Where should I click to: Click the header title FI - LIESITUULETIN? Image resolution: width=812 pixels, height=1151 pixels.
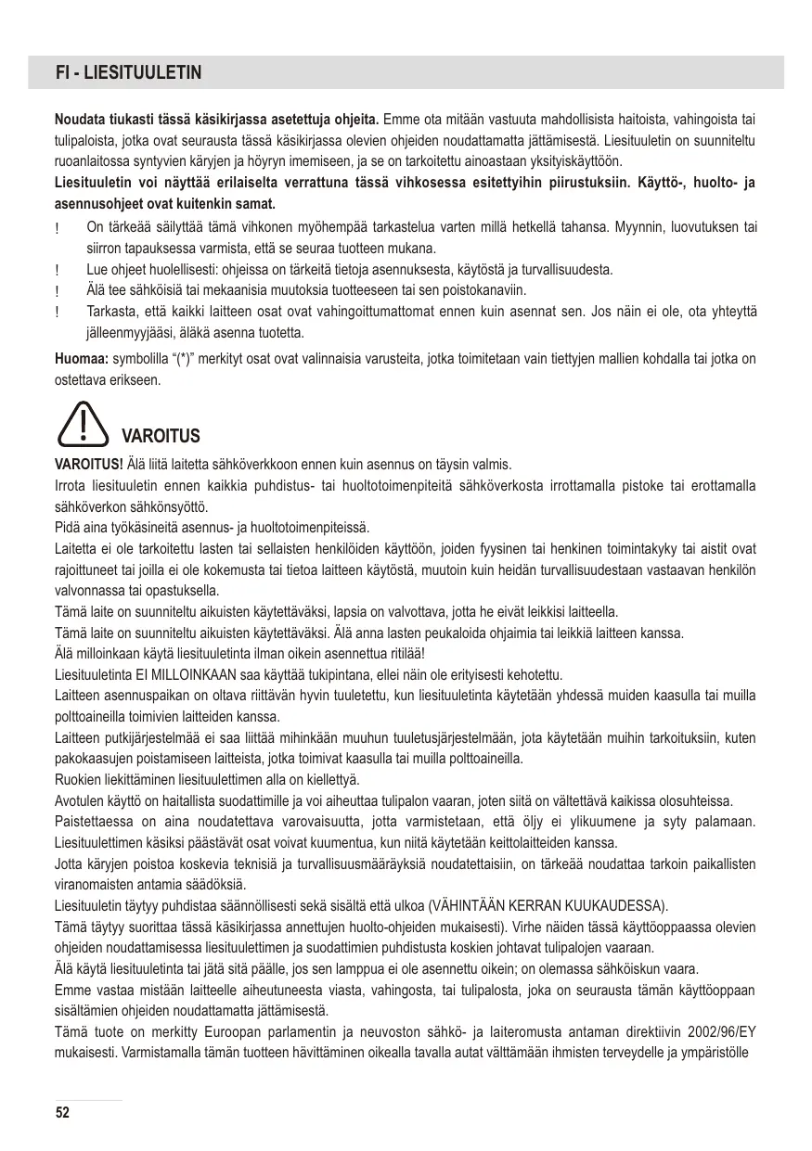(129, 72)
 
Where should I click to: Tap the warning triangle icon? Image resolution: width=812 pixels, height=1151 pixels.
(83, 423)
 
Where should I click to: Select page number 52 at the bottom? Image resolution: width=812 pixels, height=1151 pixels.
(62, 1112)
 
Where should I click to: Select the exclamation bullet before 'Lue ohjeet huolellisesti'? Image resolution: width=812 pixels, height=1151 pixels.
(58, 270)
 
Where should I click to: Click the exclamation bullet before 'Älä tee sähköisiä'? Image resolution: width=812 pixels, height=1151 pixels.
(58, 291)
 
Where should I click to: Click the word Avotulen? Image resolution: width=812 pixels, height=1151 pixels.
(81, 800)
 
